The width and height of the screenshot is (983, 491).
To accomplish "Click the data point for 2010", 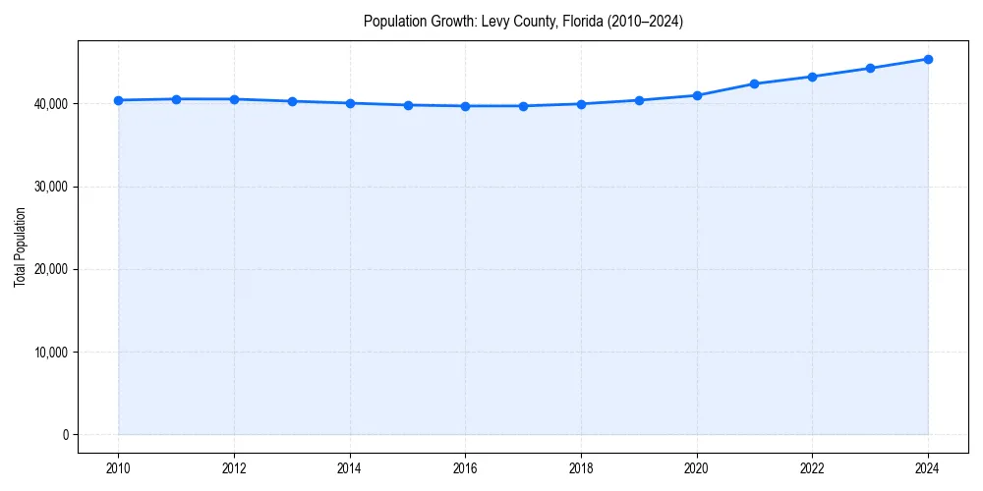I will point(118,100).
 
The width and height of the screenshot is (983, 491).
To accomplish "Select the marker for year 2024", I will point(928,59).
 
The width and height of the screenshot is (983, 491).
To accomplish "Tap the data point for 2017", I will point(523,106).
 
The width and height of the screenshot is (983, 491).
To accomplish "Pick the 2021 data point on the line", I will point(754,83).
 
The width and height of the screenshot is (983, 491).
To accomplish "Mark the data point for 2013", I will point(292,101).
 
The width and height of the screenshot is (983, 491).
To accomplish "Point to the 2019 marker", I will point(639,100).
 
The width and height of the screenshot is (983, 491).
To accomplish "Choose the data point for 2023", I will point(870,68).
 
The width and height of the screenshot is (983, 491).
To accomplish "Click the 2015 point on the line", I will point(407,105).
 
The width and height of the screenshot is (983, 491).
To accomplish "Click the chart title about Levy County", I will point(523,21).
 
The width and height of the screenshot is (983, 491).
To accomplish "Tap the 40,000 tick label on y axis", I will point(48,104).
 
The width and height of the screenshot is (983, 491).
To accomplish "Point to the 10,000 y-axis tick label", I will point(48,353).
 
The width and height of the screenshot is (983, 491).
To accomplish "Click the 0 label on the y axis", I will point(65,435).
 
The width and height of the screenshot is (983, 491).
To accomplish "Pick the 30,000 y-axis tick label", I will point(48,187).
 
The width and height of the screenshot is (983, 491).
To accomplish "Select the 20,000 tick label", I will point(48,269).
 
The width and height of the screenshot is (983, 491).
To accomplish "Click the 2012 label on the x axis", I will point(234,469).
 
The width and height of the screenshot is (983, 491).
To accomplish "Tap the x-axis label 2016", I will point(465,469).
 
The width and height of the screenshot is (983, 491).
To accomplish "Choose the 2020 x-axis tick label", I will point(697,469).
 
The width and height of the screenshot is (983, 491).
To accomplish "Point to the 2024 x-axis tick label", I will point(928,469).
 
